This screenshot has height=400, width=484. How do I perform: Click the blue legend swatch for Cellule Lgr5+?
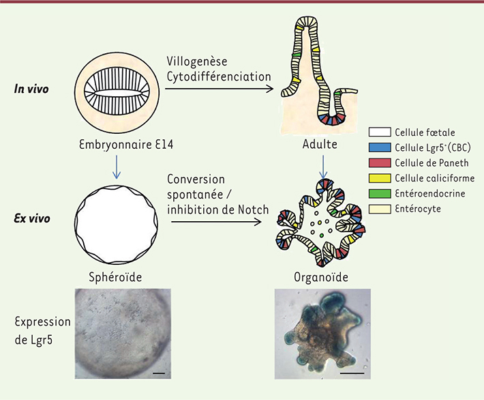(x=379, y=147)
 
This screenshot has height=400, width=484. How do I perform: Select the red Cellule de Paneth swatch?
(x=379, y=162)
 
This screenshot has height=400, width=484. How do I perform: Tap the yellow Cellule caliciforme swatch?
(x=379, y=178)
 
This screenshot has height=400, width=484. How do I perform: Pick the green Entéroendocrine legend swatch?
(x=379, y=193)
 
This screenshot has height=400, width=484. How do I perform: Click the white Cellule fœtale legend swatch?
(x=379, y=132)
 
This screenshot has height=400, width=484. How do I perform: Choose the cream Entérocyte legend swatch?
(x=379, y=209)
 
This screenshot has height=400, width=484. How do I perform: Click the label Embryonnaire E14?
(x=126, y=145)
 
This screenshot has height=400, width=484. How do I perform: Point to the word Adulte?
(x=320, y=144)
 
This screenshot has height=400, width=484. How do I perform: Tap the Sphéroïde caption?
(x=115, y=277)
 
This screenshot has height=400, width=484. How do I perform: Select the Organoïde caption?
(x=321, y=277)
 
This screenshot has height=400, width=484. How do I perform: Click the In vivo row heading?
(x=31, y=89)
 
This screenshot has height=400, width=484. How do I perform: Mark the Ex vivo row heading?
(x=32, y=218)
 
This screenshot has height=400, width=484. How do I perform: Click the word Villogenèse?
(x=197, y=61)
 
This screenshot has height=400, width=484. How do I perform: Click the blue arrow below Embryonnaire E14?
(x=117, y=167)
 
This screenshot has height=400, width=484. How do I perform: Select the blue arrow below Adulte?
(x=323, y=167)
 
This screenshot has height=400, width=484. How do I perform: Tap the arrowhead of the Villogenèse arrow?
(x=270, y=89)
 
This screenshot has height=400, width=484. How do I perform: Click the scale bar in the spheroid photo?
(x=159, y=373)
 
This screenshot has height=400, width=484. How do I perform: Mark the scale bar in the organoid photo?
(x=352, y=373)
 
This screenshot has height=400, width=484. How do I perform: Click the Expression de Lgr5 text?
(x=42, y=331)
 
